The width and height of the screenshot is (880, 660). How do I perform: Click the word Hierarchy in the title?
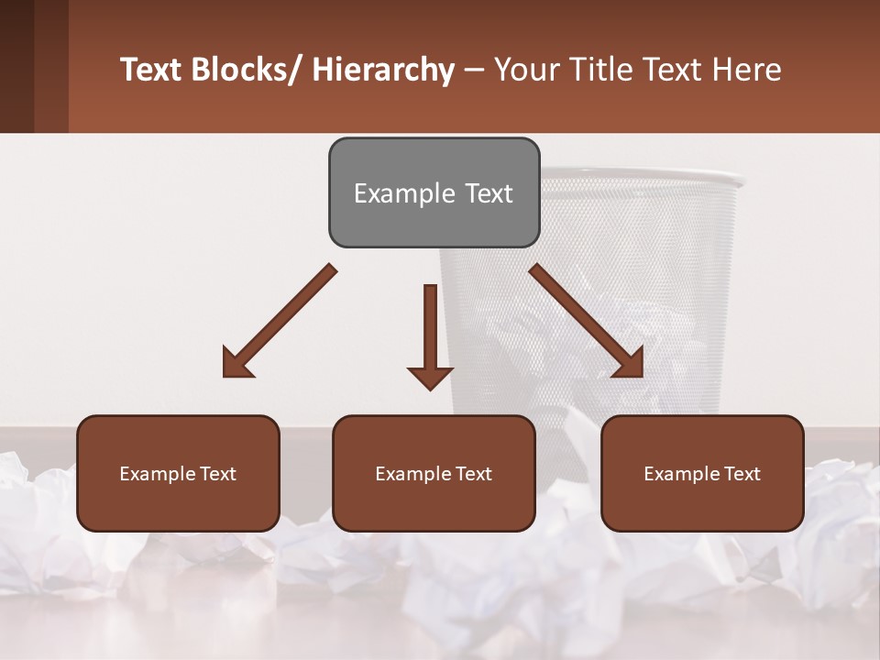click(383, 70)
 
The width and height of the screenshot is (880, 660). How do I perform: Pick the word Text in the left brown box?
click(219, 474)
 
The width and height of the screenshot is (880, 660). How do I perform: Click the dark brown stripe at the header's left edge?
click(16, 66)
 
